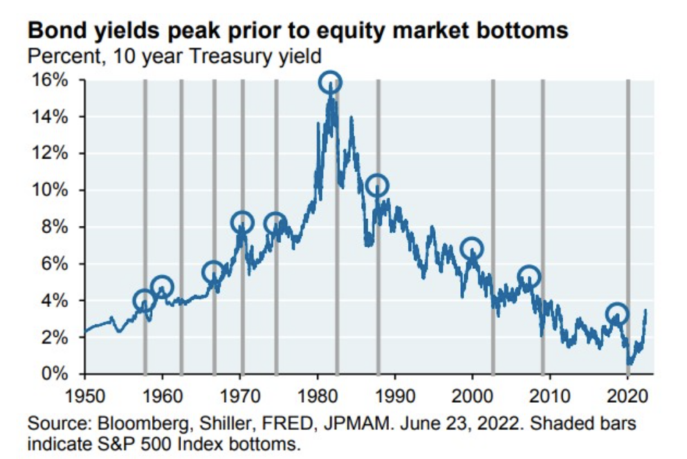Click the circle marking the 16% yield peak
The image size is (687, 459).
(330, 82)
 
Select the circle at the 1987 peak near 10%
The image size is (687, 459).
(377, 185)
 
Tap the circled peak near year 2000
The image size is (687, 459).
(472, 248)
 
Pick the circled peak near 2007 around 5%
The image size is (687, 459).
(529, 277)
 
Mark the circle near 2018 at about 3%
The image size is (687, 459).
(617, 314)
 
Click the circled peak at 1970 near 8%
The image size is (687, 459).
(242, 222)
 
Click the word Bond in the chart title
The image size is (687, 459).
(53, 31)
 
